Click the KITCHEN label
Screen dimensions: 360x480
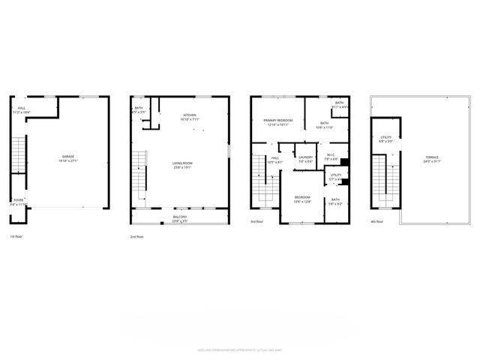[190, 116]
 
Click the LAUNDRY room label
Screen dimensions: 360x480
[305, 158]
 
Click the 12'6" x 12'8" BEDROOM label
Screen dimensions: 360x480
[302, 199]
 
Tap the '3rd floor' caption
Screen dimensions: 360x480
[257, 222]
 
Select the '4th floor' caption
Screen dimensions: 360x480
[378, 222]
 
